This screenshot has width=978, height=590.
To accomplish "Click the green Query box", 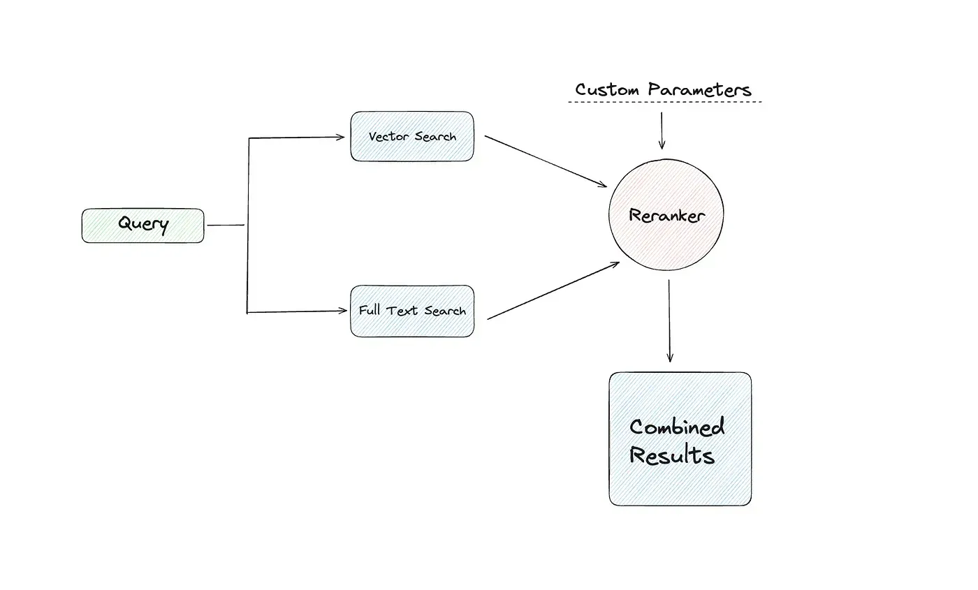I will (143, 225).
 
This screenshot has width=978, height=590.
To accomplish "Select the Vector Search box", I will (411, 136).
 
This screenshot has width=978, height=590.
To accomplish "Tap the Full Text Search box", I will (411, 311).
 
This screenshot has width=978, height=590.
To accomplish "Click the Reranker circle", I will (666, 215).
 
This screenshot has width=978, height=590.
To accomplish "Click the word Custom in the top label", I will (607, 90).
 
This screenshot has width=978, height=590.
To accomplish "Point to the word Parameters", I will (699, 90).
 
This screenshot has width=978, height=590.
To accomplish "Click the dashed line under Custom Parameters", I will (664, 103).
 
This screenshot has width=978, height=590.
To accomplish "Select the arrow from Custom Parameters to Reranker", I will (661, 130).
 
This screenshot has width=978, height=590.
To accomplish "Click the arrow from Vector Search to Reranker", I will (545, 161).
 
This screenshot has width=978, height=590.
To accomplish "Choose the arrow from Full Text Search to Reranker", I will (552, 291).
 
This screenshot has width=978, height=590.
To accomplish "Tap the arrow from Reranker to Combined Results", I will (669, 321).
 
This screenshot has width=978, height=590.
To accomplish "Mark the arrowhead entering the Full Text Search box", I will (341, 311).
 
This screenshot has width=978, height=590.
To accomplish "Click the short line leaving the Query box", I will (226, 226).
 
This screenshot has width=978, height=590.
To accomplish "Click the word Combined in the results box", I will (676, 426).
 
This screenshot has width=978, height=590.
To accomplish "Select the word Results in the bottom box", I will (671, 455).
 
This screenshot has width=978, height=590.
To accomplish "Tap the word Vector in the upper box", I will (390, 136).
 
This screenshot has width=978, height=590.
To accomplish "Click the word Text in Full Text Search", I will (402, 311).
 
